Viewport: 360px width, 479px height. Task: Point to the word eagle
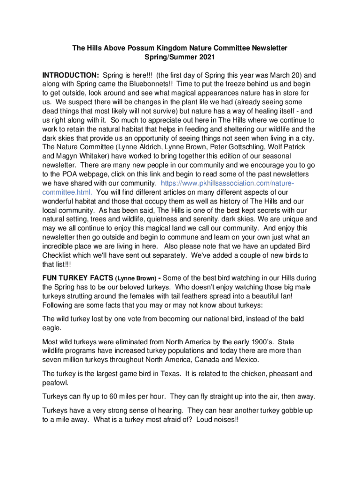(51, 328)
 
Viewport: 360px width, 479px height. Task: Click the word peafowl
(55, 383)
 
